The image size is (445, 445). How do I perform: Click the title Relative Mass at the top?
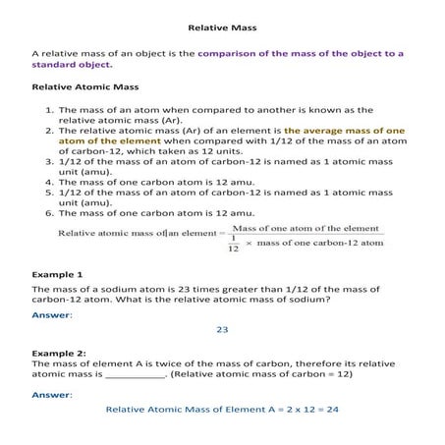[221, 28]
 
